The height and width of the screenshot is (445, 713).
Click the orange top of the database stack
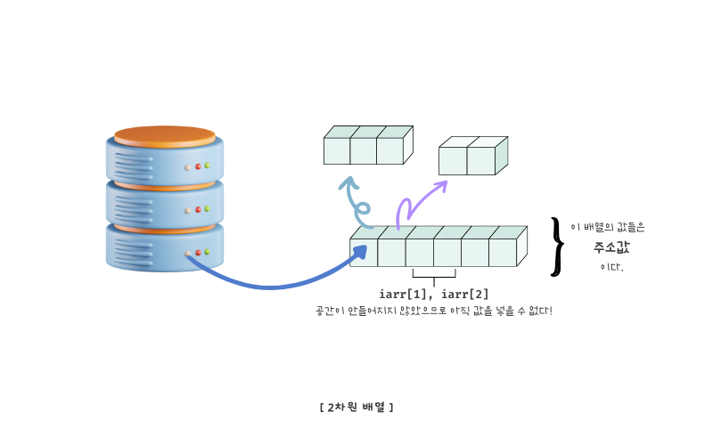click(x=164, y=135)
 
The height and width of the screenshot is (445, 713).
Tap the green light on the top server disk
click(x=207, y=166)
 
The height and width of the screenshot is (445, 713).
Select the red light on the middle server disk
click(x=197, y=210)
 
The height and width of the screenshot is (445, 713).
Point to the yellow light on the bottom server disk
click(x=187, y=254)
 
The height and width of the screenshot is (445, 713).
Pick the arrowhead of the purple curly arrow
click(x=441, y=185)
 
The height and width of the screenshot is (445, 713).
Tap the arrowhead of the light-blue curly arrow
click(x=348, y=182)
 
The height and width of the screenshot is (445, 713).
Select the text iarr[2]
click(x=464, y=294)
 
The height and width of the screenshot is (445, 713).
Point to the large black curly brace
click(x=558, y=246)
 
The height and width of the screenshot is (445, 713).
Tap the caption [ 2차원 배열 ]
click(x=356, y=407)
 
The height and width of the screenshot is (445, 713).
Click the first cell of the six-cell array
click(x=364, y=252)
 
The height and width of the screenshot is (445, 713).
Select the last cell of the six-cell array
click(x=503, y=252)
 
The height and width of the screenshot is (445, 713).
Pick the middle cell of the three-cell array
click(x=363, y=150)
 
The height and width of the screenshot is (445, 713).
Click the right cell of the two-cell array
click(x=481, y=160)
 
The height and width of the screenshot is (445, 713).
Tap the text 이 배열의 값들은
click(x=608, y=228)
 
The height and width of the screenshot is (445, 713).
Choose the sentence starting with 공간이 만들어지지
click(x=434, y=311)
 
